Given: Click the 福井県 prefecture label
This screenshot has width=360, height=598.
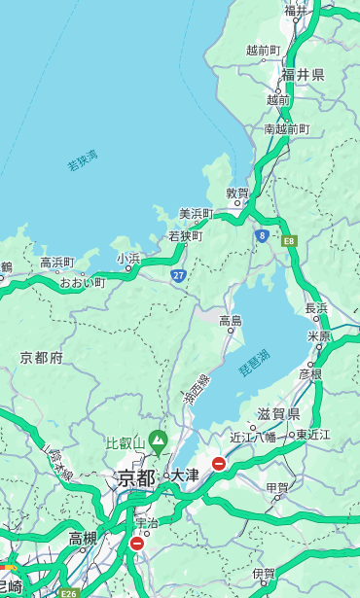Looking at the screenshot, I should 303,75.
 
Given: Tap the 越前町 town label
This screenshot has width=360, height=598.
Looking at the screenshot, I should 263,51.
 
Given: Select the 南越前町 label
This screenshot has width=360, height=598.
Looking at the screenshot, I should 286,129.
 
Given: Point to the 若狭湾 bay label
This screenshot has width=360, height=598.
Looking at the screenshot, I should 83,160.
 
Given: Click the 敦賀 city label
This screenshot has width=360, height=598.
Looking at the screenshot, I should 237,193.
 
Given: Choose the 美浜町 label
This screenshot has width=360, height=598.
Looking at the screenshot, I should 196,214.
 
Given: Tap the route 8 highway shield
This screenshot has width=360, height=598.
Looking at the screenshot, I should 262,235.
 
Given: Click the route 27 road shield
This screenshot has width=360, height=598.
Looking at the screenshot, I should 179,276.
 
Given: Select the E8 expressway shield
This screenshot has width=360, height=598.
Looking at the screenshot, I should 289,240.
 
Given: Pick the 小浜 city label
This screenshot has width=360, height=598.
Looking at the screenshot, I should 128,259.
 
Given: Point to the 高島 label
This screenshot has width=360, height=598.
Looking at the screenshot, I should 231,321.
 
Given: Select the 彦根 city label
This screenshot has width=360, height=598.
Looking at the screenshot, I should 310,373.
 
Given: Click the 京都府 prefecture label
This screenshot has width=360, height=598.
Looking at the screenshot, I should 42,358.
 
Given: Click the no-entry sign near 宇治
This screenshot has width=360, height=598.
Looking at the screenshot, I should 137,543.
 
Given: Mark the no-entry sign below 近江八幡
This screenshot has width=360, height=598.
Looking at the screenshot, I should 220,464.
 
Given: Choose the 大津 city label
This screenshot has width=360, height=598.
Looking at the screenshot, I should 185,475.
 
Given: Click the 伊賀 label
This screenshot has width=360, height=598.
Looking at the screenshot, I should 264,574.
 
